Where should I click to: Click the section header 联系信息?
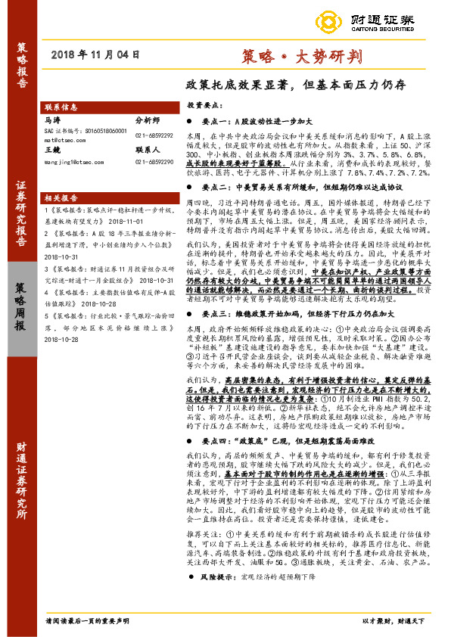click(61, 107)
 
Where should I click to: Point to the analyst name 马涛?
click(53, 120)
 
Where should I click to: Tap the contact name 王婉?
click(53, 151)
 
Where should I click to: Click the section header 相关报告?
click(61, 195)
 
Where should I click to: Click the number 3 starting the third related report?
click(46, 269)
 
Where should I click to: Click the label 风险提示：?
click(219, 598)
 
